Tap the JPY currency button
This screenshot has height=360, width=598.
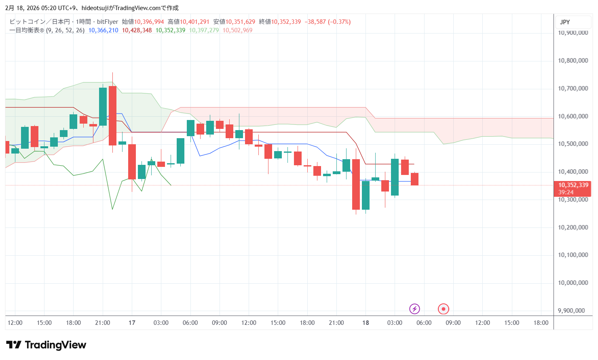coord(565,22)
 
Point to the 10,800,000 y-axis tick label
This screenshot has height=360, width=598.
coord(573,61)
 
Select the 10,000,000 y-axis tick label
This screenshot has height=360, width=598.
coord(573,283)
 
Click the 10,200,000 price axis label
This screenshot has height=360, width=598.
coord(573,227)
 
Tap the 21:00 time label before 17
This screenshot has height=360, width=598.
coord(103,323)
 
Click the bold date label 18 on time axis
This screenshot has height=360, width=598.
coord(366,323)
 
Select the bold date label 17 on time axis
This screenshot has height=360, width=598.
coord(132,323)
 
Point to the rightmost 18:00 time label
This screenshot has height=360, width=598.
coord(541,323)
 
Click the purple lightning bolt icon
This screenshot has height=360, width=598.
coord(414,309)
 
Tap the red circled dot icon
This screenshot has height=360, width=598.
coord(444,309)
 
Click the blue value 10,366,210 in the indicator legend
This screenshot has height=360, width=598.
coord(103,30)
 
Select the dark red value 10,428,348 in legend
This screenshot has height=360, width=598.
coord(137,30)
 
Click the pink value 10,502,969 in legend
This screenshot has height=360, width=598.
coord(237,30)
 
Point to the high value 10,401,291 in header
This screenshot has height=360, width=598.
coord(194,22)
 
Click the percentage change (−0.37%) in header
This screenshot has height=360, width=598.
coord(339,22)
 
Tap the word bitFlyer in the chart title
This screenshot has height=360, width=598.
coord(108,22)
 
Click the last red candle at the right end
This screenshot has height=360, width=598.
coord(414,179)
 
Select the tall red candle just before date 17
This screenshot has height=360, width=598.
coord(112,116)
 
